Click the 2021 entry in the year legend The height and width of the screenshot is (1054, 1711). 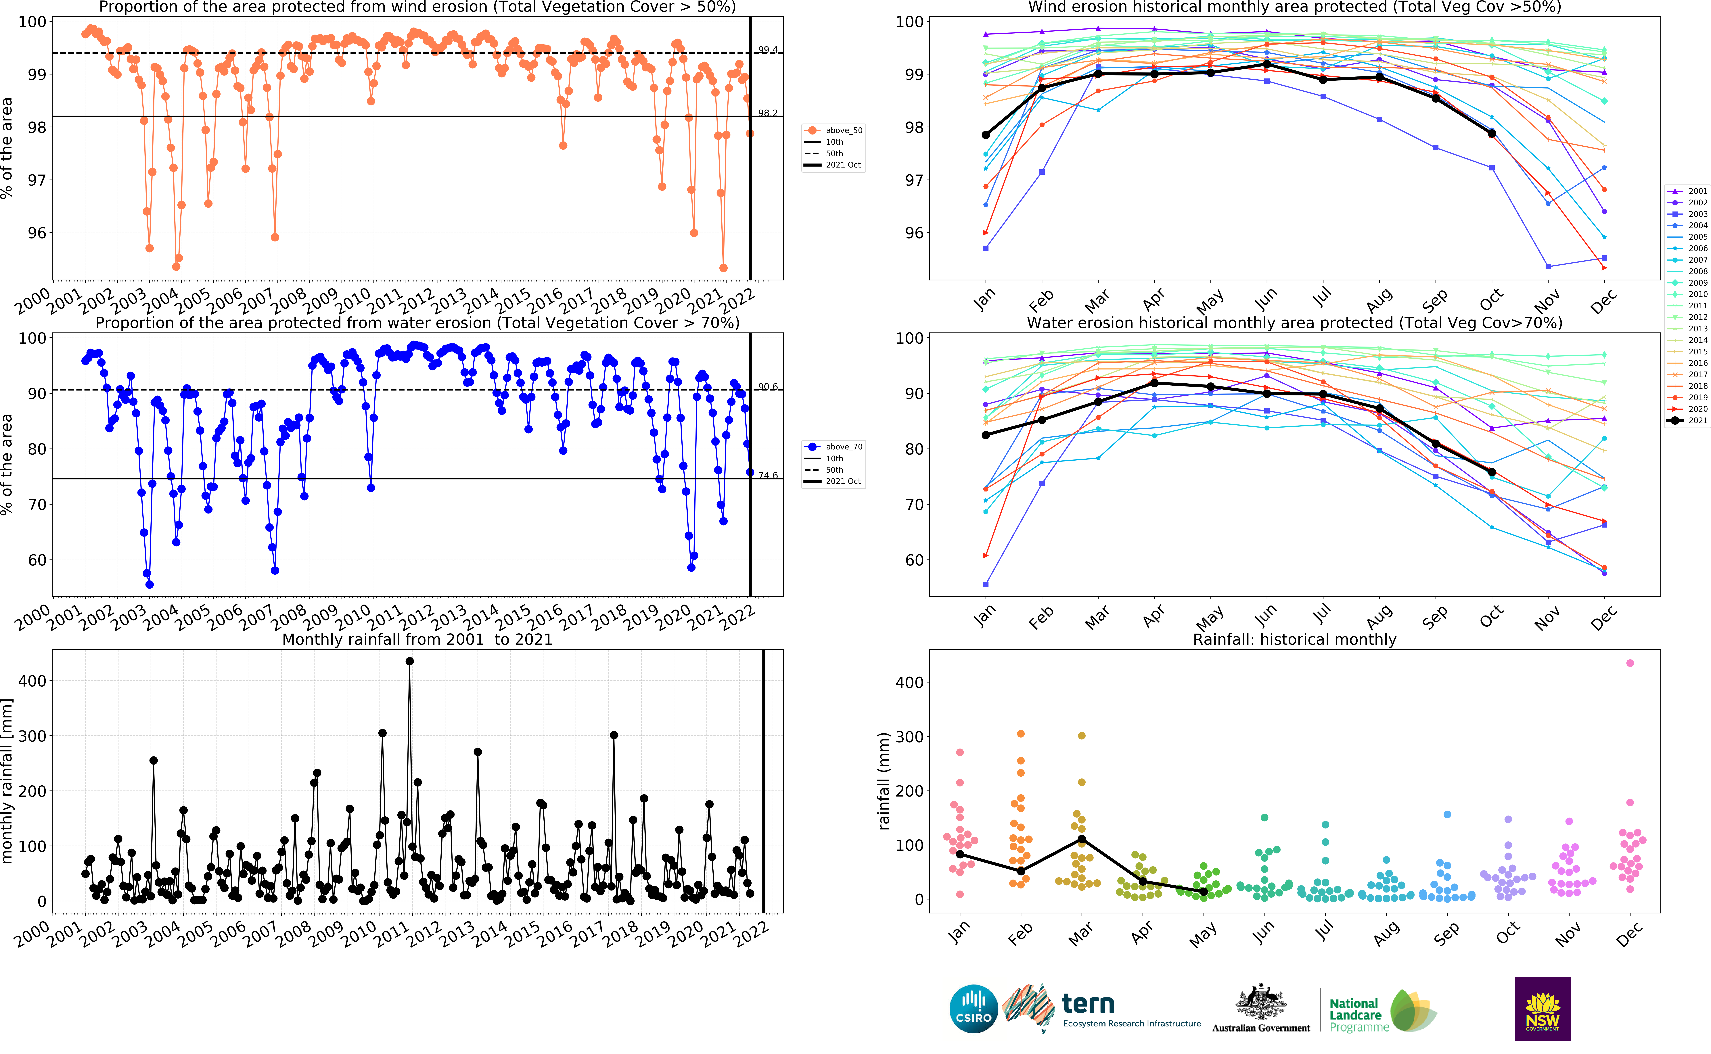point(1697,420)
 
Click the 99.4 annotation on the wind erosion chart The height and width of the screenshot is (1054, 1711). point(768,49)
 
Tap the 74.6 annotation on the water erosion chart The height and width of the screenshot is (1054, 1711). point(768,475)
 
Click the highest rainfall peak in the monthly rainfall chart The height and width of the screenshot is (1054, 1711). point(409,661)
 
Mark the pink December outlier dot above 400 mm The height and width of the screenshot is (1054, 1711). point(1629,663)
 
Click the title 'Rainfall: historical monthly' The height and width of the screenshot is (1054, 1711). point(1294,639)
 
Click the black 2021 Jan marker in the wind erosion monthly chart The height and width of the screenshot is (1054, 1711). point(985,134)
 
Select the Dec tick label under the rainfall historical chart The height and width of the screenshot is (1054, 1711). point(1629,934)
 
